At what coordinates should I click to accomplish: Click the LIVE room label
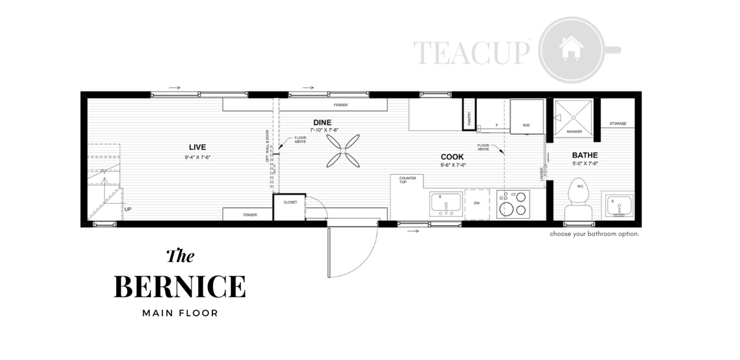(198, 147)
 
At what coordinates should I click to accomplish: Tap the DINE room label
(322, 122)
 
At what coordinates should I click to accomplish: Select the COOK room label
(452, 157)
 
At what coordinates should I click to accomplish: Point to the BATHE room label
(585, 155)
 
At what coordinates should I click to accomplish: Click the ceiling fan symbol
(343, 151)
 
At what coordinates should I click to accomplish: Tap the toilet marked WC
(579, 201)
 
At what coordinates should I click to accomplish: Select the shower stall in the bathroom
(573, 117)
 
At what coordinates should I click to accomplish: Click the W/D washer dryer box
(527, 116)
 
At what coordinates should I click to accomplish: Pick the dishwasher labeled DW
(477, 204)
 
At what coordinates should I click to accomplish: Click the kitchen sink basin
(446, 203)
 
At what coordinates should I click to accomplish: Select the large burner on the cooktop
(506, 209)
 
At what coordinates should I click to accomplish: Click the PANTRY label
(469, 118)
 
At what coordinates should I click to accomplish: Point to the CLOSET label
(290, 202)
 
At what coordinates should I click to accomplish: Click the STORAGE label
(618, 124)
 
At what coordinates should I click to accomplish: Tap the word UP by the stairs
(128, 209)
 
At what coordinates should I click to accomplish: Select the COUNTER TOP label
(408, 180)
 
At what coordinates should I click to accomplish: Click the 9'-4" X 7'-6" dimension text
(198, 157)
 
